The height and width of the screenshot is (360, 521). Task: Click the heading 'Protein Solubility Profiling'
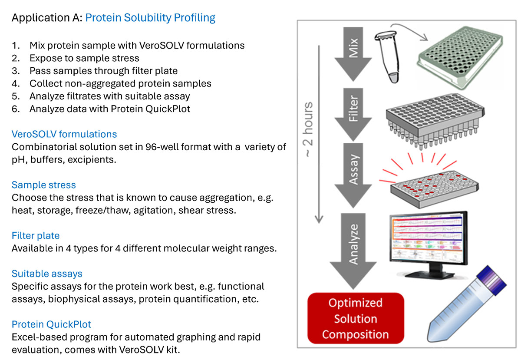pyautogui.click(x=150, y=18)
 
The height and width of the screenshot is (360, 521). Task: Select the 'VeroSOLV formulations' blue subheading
pyautogui.click(x=64, y=134)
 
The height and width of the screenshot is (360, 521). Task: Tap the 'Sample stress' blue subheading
pyautogui.click(x=43, y=185)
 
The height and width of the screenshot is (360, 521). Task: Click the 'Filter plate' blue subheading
pyautogui.click(x=36, y=236)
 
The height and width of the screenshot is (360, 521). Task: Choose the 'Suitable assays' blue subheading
pyautogui.click(x=47, y=274)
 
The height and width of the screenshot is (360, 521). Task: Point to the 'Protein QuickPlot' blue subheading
pyautogui.click(x=51, y=324)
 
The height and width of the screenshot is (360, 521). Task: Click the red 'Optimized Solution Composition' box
pyautogui.click(x=356, y=318)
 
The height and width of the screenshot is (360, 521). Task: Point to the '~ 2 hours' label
pyautogui.click(x=309, y=130)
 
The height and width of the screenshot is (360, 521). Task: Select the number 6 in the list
pyautogui.click(x=16, y=109)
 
